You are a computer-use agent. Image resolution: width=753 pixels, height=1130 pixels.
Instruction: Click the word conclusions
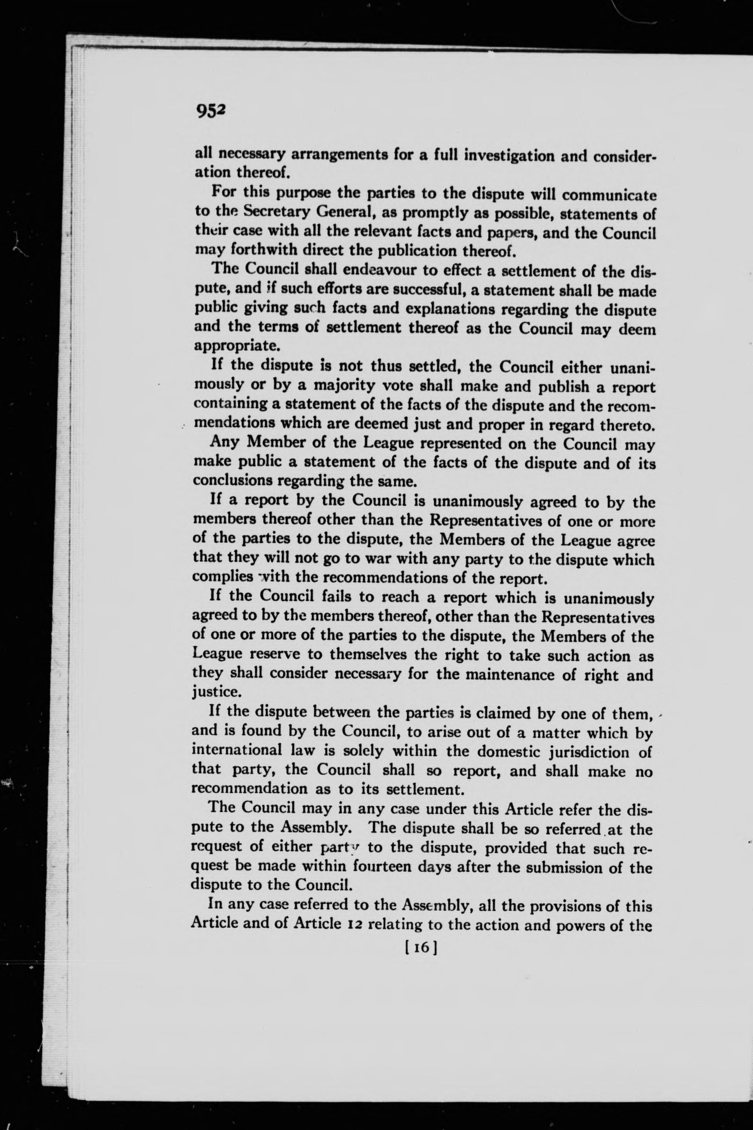[x=230, y=480]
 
